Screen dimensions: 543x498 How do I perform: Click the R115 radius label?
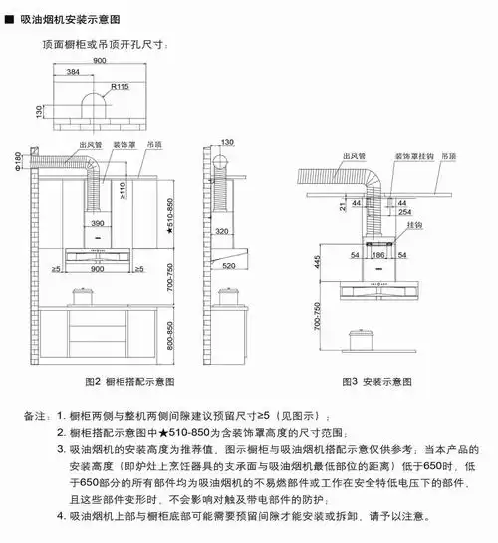122,87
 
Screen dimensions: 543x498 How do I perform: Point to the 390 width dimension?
98,224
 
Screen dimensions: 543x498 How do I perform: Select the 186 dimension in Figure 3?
377,257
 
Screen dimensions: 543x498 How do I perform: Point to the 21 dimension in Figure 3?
342,205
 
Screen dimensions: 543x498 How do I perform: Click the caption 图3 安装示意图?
376,382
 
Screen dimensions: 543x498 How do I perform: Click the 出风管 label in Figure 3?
350,158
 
